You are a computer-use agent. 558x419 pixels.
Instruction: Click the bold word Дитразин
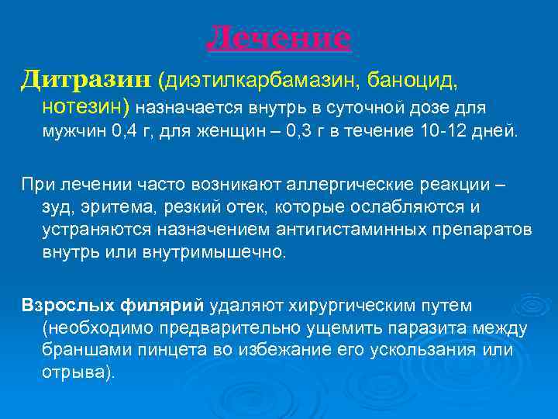pyautogui.click(x=86, y=78)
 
